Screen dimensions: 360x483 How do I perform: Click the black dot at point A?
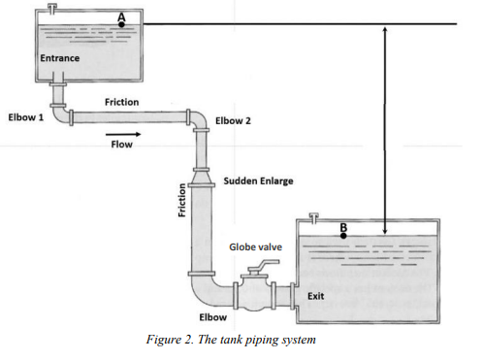point(121,23)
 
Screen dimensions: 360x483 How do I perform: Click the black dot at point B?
point(343,235)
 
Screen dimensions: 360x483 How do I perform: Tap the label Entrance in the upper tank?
point(60,58)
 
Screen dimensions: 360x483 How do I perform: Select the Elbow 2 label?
point(233,120)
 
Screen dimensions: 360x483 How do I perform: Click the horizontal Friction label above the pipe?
point(121,101)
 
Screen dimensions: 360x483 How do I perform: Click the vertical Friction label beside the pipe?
point(181,202)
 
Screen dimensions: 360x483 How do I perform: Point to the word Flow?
point(121,146)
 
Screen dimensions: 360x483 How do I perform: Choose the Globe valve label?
point(255,247)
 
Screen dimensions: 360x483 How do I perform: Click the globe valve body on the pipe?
point(257,292)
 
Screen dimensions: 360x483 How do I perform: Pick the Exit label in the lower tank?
point(315,295)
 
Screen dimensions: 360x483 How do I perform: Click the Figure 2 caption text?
point(241,339)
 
